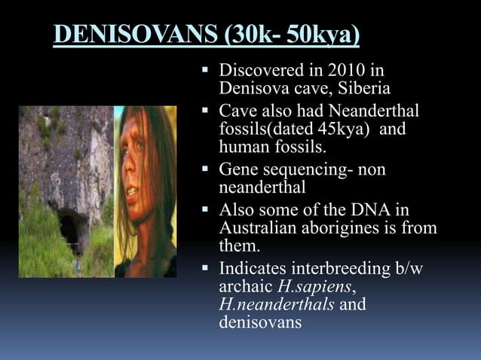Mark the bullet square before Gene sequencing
207,169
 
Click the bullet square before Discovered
207,72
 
